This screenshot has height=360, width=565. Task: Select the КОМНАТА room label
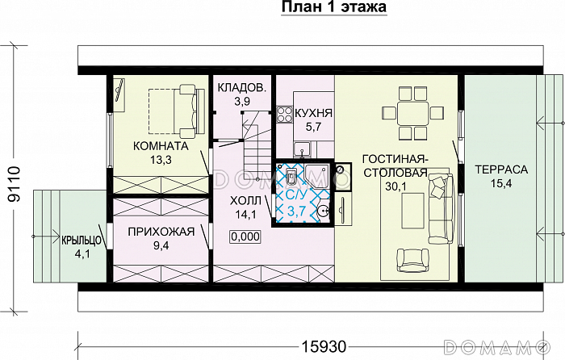(x=161, y=146)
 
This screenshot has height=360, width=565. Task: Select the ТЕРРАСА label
(x=500, y=170)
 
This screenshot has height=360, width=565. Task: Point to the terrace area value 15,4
(x=500, y=185)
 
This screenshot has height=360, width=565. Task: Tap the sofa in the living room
(x=440, y=207)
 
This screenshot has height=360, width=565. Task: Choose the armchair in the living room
(x=412, y=259)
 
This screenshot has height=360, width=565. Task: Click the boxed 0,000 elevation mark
(x=245, y=237)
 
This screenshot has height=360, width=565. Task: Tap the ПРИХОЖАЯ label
(x=161, y=232)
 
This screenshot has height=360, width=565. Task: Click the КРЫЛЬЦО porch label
(x=80, y=240)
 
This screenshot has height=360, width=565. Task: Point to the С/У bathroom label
(x=291, y=195)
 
